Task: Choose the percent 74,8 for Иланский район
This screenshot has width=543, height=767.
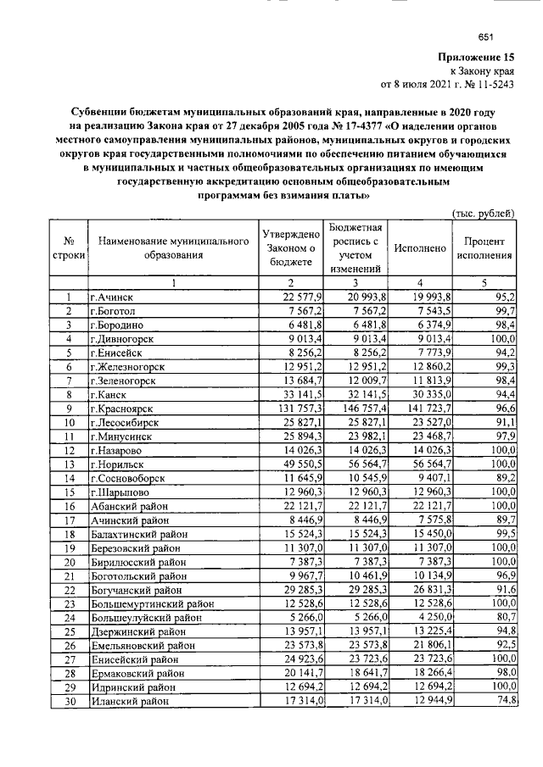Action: [x=502, y=701]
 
